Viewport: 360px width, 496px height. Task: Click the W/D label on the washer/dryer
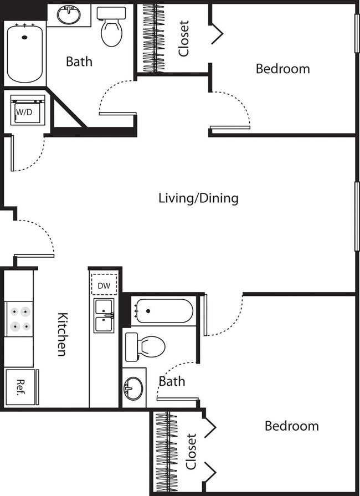coord(24,111)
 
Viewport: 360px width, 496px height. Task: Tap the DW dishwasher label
coord(104,285)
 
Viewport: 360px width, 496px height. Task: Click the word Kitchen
coord(63,334)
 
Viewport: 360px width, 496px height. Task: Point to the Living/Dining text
coord(198,198)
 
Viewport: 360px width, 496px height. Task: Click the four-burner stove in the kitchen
coord(19,319)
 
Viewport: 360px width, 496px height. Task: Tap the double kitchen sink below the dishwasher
coord(104,315)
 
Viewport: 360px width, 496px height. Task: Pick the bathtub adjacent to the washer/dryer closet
coord(25,52)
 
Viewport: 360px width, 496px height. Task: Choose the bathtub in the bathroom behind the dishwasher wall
coord(162,311)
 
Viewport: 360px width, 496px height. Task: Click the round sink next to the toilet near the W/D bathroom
coord(69,15)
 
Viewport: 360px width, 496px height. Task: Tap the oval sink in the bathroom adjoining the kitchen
coord(133,388)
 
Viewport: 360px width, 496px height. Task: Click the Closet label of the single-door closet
coord(184,38)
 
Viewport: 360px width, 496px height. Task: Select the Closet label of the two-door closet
coord(191,451)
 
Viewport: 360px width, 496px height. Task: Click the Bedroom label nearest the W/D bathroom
coord(282,69)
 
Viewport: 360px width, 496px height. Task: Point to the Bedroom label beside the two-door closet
coord(291,426)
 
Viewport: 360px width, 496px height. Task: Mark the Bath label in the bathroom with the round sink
coord(79,61)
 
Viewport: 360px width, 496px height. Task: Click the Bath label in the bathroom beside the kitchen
coord(172,381)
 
